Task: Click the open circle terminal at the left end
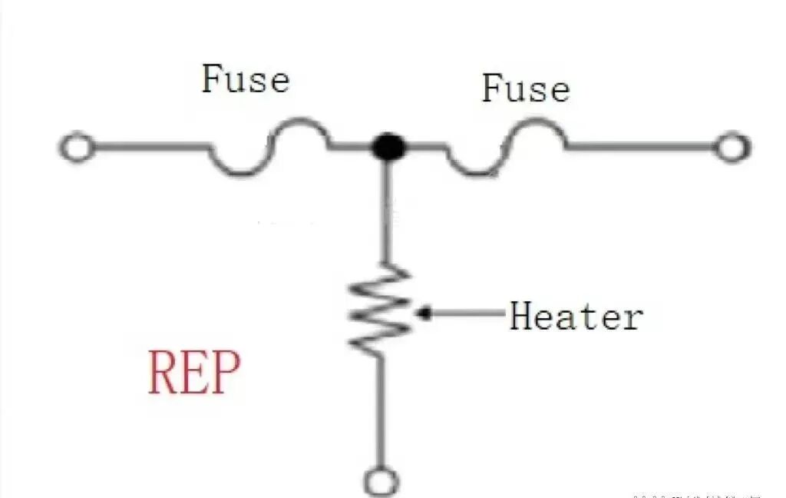tap(77, 147)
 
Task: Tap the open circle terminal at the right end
tap(732, 147)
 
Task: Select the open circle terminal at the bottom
tap(381, 483)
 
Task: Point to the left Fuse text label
tap(246, 80)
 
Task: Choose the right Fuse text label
tap(526, 88)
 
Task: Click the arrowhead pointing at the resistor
tap(424, 314)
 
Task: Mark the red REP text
tap(194, 373)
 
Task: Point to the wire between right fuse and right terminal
tap(641, 146)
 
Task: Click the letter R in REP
tap(162, 373)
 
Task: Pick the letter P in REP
tap(226, 373)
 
